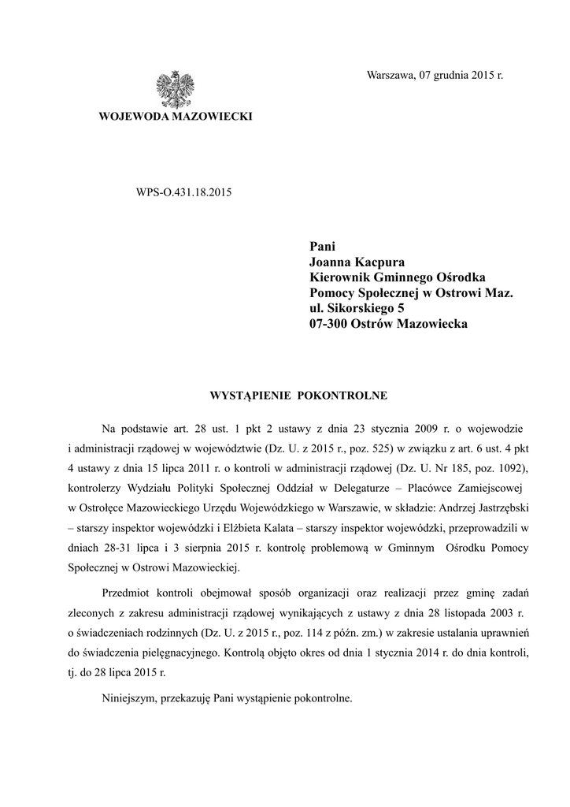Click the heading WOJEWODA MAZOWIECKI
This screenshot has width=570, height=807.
coord(174,117)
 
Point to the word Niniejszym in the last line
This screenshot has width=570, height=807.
coord(130,698)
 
